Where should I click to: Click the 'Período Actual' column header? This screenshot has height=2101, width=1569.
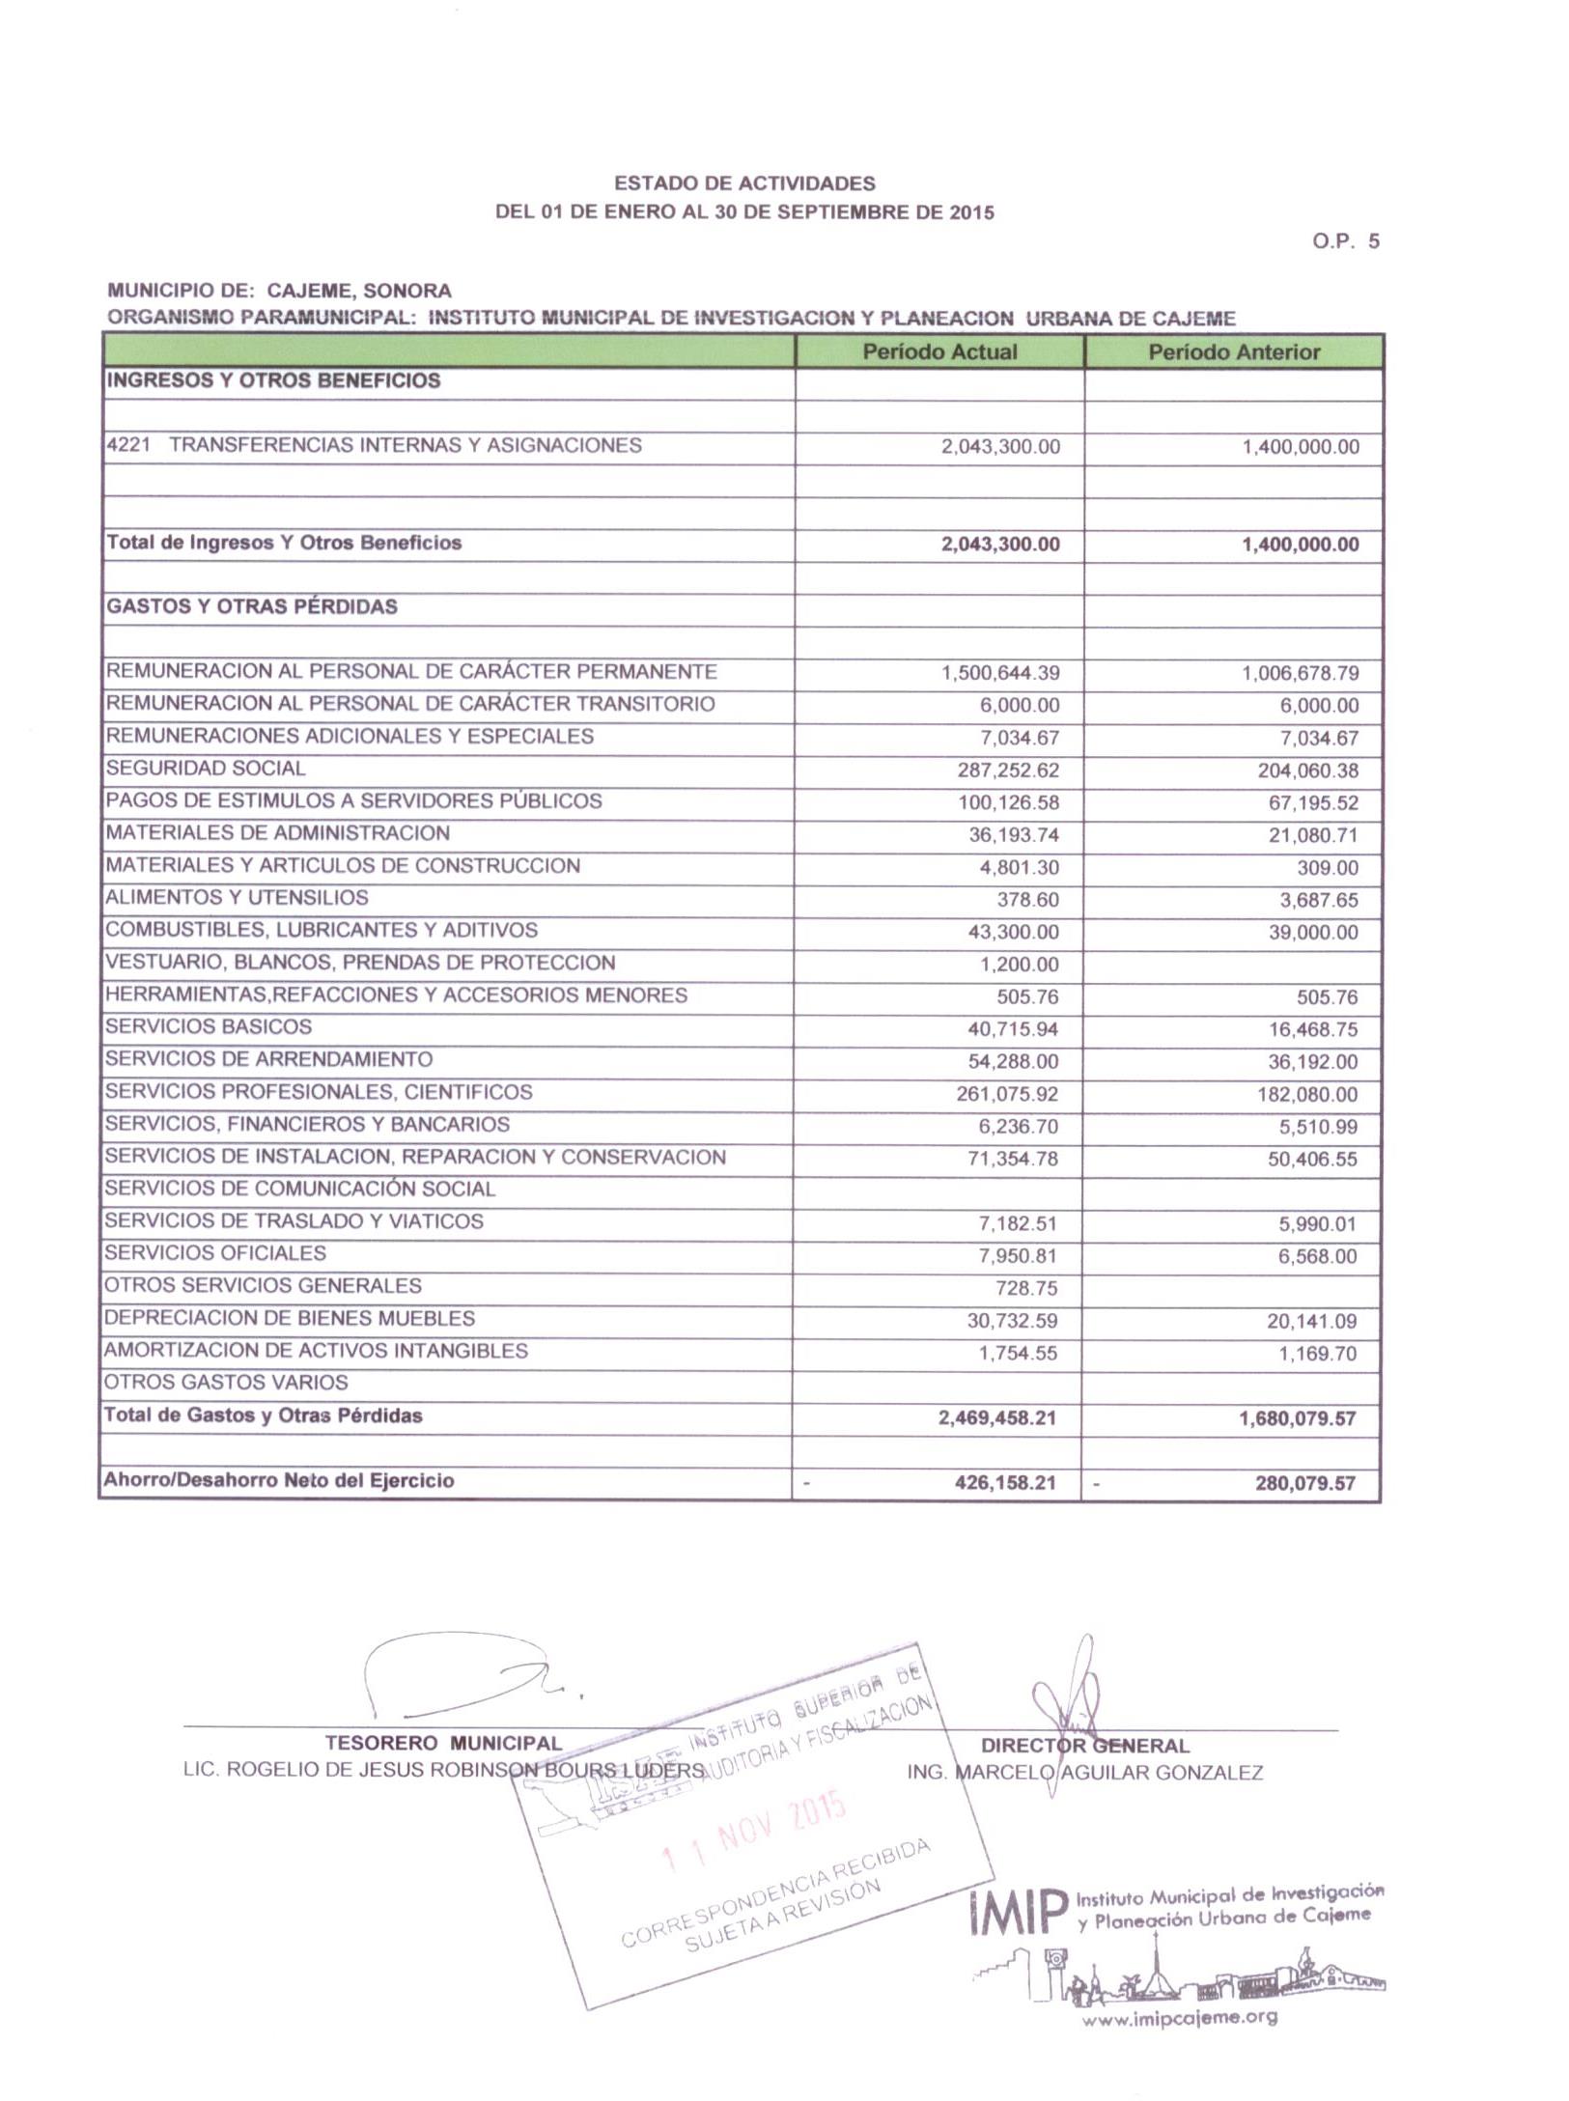(x=939, y=351)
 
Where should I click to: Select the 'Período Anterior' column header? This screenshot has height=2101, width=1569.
(x=1233, y=351)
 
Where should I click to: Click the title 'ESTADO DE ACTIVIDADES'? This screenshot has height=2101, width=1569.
(x=744, y=183)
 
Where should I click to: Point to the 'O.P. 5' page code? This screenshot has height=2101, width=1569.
(x=1346, y=241)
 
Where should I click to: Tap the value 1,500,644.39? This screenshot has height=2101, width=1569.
(x=1000, y=673)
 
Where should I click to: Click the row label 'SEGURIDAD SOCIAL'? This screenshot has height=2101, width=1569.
(x=206, y=769)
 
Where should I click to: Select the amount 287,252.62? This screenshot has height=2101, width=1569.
(x=1008, y=770)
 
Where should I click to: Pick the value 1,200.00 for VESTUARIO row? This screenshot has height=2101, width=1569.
(x=1020, y=965)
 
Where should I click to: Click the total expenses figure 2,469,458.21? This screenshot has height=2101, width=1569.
(x=996, y=1418)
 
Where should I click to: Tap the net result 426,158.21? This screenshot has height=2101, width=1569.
(x=1005, y=1482)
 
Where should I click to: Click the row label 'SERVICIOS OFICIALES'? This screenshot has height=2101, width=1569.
(x=215, y=1253)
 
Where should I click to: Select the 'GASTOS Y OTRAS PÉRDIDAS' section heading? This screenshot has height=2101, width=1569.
(x=251, y=607)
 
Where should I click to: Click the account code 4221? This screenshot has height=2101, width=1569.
(x=127, y=446)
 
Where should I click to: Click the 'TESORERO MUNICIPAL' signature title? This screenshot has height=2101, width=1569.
(x=443, y=1744)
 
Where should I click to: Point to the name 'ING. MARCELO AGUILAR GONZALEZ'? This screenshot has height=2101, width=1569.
(x=1084, y=1773)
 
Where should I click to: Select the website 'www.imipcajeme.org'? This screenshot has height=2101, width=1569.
(x=1179, y=2017)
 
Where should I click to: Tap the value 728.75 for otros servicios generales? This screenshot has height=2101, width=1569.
(x=1026, y=1288)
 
